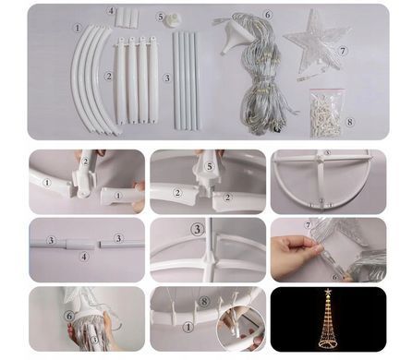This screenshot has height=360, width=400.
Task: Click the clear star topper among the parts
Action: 317,43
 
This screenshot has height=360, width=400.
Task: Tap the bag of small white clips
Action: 327,113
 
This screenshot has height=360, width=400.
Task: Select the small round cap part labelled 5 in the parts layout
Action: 172,20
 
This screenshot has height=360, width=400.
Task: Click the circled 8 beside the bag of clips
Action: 350,122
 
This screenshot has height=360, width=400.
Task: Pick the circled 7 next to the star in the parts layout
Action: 343,51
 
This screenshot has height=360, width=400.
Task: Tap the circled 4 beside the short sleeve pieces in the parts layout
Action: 111,11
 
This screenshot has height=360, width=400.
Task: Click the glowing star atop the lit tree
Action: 329,291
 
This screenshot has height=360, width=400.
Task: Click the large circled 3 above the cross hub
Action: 198,229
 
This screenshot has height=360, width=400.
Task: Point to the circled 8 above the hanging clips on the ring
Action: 204,302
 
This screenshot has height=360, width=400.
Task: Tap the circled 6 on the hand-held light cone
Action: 69,316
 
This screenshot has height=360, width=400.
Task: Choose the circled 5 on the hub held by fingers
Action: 210,166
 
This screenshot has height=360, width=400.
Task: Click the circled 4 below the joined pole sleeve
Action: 84,257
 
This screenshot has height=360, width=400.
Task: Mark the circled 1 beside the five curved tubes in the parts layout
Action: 78,29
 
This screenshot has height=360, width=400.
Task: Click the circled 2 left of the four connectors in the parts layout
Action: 108,76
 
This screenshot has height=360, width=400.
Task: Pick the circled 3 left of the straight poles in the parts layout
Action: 167,78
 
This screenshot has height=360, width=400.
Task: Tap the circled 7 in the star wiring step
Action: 308,225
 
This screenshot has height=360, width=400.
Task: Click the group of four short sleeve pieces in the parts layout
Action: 127,17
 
